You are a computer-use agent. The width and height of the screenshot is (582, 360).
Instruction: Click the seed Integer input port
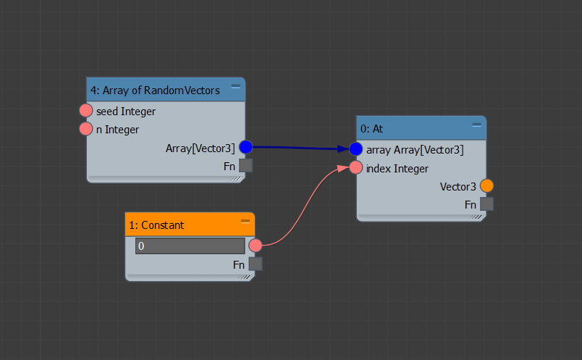(85, 111)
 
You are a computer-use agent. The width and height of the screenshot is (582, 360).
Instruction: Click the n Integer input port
(85, 129)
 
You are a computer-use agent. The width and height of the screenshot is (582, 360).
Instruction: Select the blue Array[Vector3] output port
(245, 147)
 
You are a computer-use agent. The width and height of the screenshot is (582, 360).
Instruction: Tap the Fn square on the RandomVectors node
(245, 166)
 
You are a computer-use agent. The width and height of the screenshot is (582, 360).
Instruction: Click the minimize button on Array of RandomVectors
(236, 86)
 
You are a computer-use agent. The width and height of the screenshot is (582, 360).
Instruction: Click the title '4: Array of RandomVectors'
(155, 91)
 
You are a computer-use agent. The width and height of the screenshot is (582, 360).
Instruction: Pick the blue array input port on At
(355, 149)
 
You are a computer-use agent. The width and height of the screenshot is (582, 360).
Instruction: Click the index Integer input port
(355, 167)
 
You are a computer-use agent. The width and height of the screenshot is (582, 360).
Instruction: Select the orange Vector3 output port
(486, 185)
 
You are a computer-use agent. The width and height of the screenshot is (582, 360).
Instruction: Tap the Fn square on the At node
(486, 204)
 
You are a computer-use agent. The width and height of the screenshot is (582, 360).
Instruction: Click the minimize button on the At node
(477, 125)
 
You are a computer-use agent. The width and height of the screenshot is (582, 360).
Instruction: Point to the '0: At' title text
(371, 129)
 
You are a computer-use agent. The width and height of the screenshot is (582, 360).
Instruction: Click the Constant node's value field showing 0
(190, 246)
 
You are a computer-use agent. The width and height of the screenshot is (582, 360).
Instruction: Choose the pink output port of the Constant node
(256, 246)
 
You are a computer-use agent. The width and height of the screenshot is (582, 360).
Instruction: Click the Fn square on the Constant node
(256, 264)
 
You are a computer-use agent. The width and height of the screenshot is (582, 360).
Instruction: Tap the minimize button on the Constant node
(245, 221)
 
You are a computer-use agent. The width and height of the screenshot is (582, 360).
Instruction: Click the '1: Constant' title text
(156, 225)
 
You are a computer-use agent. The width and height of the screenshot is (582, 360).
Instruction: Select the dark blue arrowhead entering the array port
(343, 149)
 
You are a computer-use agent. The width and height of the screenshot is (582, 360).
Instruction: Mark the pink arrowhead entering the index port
(343, 169)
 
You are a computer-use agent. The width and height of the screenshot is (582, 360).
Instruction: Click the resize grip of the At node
(477, 217)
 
